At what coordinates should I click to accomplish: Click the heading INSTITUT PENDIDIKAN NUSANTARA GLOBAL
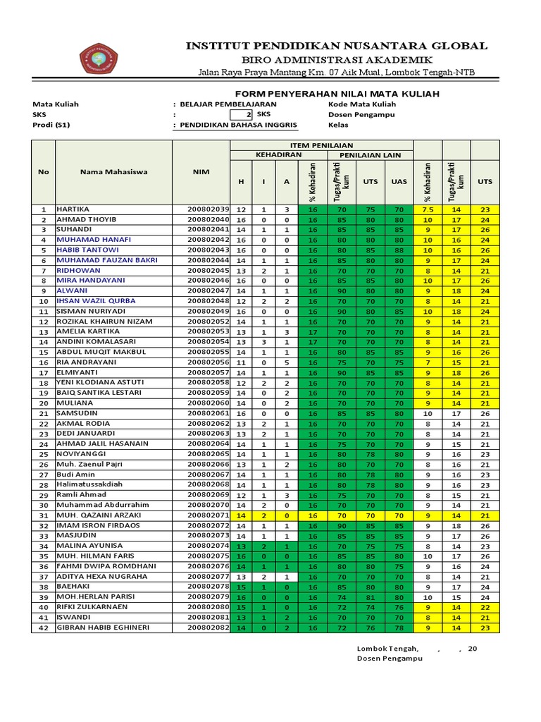coord(336,46)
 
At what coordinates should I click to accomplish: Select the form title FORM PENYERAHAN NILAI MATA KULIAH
coord(327,94)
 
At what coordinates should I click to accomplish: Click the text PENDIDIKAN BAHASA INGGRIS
coord(239,125)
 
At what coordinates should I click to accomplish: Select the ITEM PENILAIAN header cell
coord(321,145)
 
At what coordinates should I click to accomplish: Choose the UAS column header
coord(399,181)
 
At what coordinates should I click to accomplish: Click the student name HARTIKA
coord(73,209)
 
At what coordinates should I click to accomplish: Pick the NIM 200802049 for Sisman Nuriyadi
coord(209,311)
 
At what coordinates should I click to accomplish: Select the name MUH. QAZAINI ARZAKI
coord(99,515)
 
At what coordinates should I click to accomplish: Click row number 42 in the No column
coord(43,628)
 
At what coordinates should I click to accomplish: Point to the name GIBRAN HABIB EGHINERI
coord(103,628)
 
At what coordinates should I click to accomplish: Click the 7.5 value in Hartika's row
coord(427,209)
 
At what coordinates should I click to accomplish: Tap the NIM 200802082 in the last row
coord(209,628)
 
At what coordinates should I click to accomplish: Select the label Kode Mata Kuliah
coord(362,104)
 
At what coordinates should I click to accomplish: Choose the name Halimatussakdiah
coord(95,484)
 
